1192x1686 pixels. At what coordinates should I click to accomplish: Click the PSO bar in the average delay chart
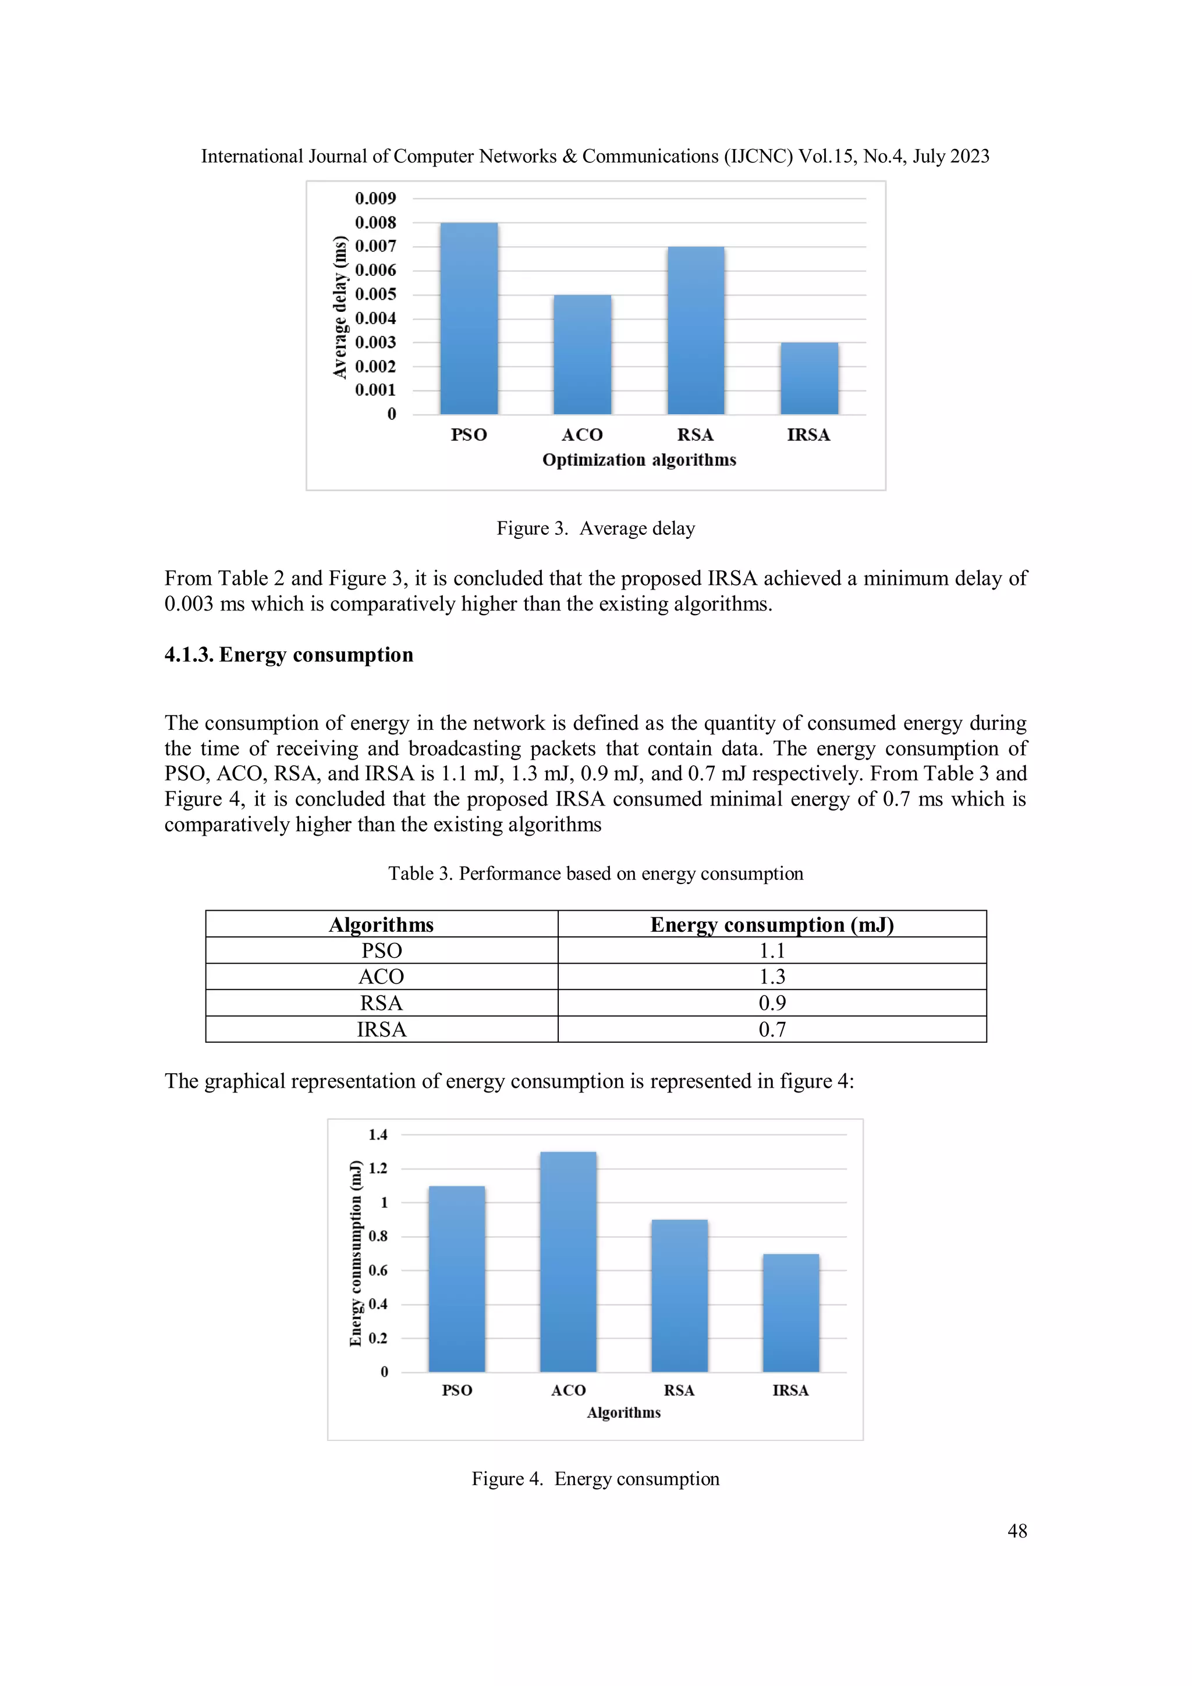(x=469, y=319)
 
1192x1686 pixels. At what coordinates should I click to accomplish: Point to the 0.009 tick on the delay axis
(x=375, y=198)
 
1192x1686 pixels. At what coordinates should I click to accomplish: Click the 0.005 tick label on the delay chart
(x=375, y=294)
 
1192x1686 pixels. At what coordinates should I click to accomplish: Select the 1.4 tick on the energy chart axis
(x=378, y=1134)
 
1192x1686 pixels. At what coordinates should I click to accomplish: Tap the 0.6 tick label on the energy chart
(x=378, y=1270)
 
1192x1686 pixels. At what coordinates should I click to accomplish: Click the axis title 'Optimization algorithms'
(x=639, y=460)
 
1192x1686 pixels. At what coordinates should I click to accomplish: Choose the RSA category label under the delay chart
(x=695, y=435)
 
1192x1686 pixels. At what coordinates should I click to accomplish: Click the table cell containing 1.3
(x=771, y=977)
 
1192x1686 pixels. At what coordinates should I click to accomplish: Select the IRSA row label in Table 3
(x=381, y=1030)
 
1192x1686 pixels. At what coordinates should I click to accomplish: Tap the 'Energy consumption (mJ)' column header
(x=771, y=925)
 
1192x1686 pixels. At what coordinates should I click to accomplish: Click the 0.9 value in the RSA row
(x=771, y=1003)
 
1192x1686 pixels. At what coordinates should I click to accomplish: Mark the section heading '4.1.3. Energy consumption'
(x=289, y=654)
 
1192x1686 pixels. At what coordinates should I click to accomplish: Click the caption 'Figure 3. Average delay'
(x=595, y=528)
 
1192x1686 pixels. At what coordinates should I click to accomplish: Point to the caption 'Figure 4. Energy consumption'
(x=595, y=1478)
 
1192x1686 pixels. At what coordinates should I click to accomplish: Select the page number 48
(x=1016, y=1531)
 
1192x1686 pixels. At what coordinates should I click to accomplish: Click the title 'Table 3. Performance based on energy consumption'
(x=595, y=873)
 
